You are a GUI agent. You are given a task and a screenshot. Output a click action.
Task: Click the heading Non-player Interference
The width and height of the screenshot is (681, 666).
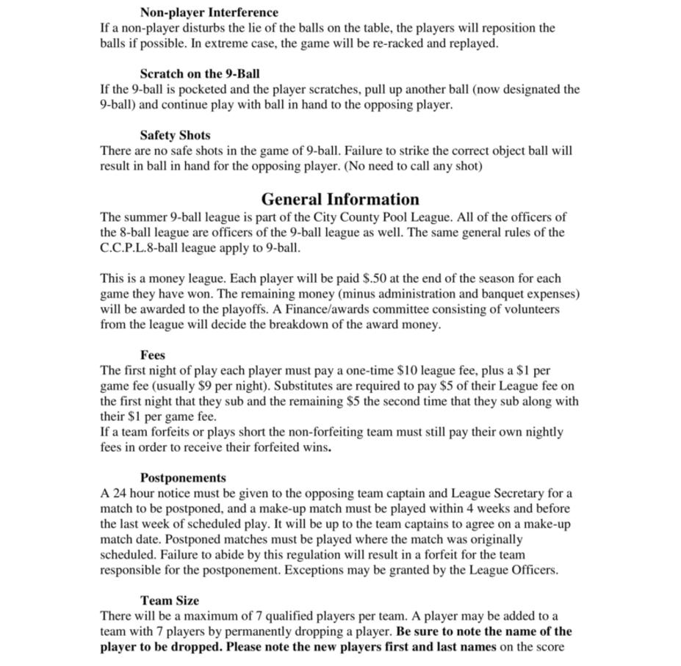pos(209,12)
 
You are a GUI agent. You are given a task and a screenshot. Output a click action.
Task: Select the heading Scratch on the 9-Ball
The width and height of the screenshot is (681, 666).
pos(199,73)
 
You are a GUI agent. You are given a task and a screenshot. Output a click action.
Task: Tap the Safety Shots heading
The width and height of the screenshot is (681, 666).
pos(175,135)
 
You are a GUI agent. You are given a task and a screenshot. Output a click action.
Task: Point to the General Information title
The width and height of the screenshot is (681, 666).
pos(340,199)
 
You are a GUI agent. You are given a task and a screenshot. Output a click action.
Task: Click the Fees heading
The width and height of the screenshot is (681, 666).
pos(153,355)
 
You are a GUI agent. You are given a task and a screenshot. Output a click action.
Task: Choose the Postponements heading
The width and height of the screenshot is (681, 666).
pos(183,477)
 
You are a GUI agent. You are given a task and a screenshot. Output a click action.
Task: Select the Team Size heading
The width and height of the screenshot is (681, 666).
pos(170,600)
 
